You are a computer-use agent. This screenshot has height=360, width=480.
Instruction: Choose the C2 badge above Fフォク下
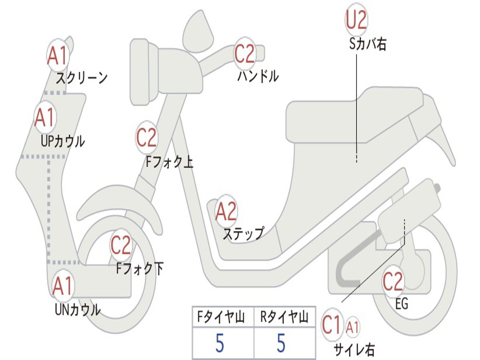(121, 245)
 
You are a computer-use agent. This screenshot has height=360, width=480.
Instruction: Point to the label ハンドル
(258, 76)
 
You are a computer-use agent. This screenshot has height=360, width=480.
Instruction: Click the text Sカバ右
(368, 44)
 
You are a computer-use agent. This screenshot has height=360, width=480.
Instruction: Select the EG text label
(402, 304)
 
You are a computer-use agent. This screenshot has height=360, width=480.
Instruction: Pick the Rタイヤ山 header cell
(284, 318)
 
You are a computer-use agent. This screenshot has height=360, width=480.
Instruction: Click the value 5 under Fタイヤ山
(220, 344)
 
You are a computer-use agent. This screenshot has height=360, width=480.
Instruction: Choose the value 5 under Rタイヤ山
(281, 344)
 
